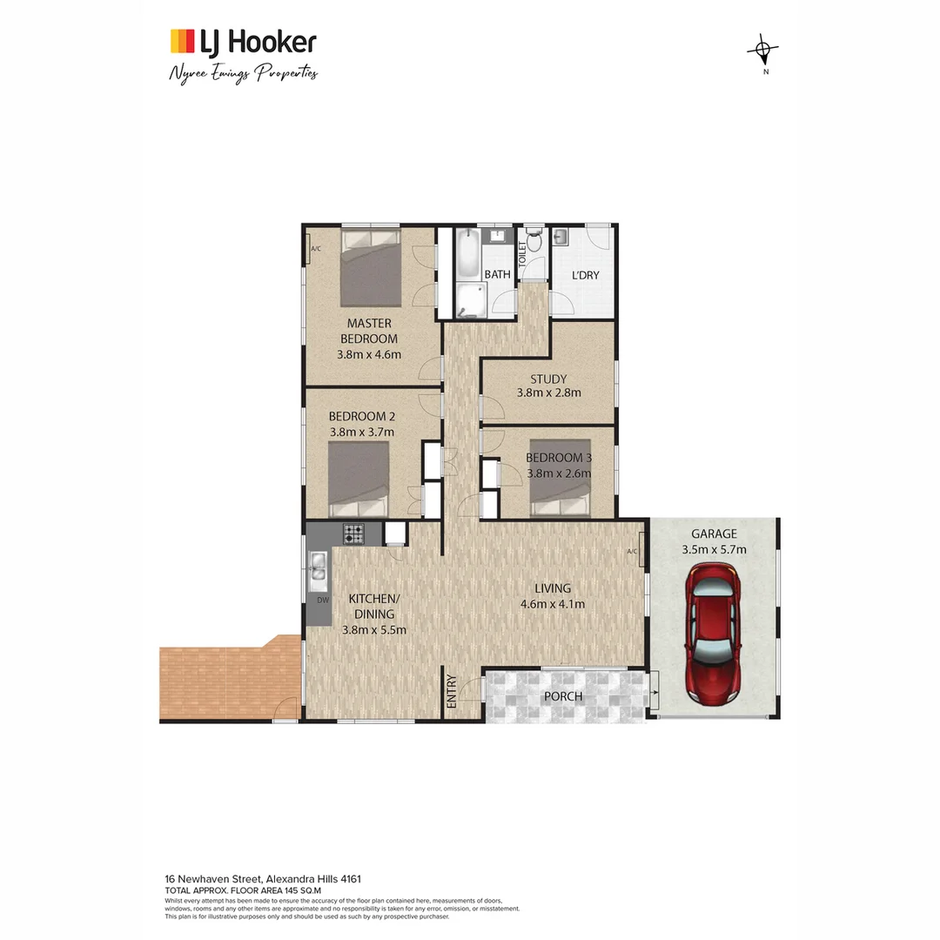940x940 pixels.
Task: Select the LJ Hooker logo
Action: coord(243,41)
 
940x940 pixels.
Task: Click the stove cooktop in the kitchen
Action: coord(353,533)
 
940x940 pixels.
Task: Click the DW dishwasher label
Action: coord(322,600)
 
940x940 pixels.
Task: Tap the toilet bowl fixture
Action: coord(534,240)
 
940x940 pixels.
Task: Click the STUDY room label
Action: coord(548,379)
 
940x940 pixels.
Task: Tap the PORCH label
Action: coord(564,696)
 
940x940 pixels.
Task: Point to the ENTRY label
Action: coord(452,692)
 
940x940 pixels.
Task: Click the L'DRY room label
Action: coord(585,275)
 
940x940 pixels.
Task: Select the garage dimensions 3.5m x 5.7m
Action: coord(714,549)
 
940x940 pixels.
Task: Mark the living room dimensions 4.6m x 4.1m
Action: coord(552,604)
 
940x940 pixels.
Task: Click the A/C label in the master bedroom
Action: coord(315,250)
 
